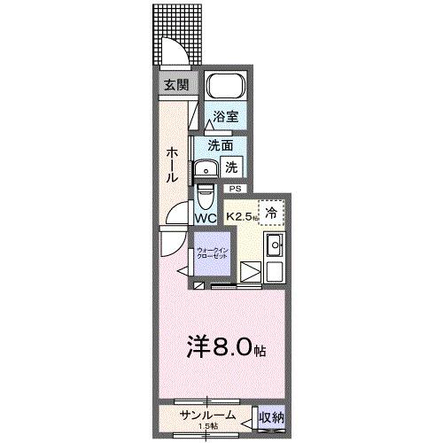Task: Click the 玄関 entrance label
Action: (175, 85)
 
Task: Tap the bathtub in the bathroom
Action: (225, 89)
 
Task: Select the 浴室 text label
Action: (225, 116)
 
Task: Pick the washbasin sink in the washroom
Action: (206, 168)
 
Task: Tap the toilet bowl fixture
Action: (205, 193)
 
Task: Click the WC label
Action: (206, 217)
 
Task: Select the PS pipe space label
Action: (235, 189)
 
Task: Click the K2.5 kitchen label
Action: (242, 215)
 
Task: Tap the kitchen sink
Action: (275, 246)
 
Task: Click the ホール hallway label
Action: (173, 164)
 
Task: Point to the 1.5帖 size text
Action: (207, 427)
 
